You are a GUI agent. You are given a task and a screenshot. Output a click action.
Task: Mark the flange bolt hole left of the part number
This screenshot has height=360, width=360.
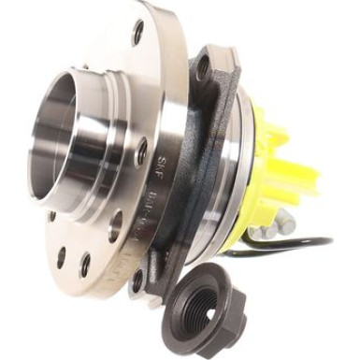[x=115, y=225]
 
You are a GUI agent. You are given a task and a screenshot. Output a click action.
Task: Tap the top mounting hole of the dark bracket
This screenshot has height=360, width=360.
[x=203, y=66]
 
